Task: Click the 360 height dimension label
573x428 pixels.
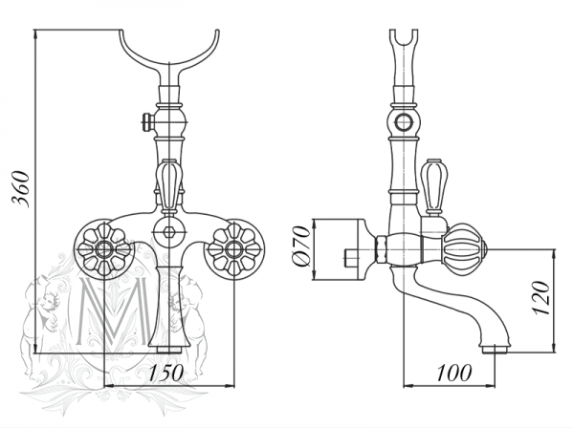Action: tap(21, 189)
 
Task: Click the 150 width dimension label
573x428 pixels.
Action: tap(166, 373)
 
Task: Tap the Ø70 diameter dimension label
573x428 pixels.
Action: tap(301, 246)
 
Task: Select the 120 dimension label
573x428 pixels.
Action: tap(540, 298)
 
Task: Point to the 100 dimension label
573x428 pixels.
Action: tap(454, 373)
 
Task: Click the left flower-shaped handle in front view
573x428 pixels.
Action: tap(104, 249)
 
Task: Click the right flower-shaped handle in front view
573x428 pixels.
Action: tap(233, 249)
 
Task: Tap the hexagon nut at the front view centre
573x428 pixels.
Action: tap(168, 232)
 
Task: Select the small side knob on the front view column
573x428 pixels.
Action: tap(147, 122)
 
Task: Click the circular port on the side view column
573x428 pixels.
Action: tap(404, 122)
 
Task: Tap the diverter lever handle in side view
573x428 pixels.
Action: tap(434, 187)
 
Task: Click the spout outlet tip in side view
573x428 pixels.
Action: tap(495, 350)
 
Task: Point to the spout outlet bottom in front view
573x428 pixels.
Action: tap(169, 350)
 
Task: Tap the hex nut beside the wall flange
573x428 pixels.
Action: tap(381, 249)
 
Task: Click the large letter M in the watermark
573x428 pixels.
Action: tap(112, 311)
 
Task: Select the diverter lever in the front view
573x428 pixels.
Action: tap(168, 186)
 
